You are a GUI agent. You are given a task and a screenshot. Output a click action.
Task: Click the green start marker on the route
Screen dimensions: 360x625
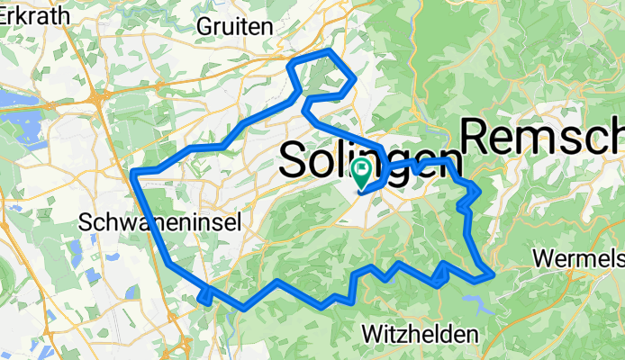click(x=363, y=169)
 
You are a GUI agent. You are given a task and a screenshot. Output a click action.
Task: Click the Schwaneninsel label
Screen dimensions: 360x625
click(x=160, y=222)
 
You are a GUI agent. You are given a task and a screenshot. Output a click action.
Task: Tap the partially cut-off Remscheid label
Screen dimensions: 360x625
click(x=542, y=137)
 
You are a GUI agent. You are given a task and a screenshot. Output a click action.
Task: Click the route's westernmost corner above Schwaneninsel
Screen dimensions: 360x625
click(x=133, y=172)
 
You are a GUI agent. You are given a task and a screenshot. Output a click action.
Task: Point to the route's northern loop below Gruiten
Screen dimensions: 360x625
click(x=322, y=74)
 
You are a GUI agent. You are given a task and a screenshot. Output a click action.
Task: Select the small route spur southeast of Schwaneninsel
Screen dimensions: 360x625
click(x=205, y=294)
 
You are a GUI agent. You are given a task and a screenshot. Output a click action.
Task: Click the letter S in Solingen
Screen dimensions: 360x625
click(x=294, y=160)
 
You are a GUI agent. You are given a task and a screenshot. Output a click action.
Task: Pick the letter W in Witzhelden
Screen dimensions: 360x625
click(x=370, y=334)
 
